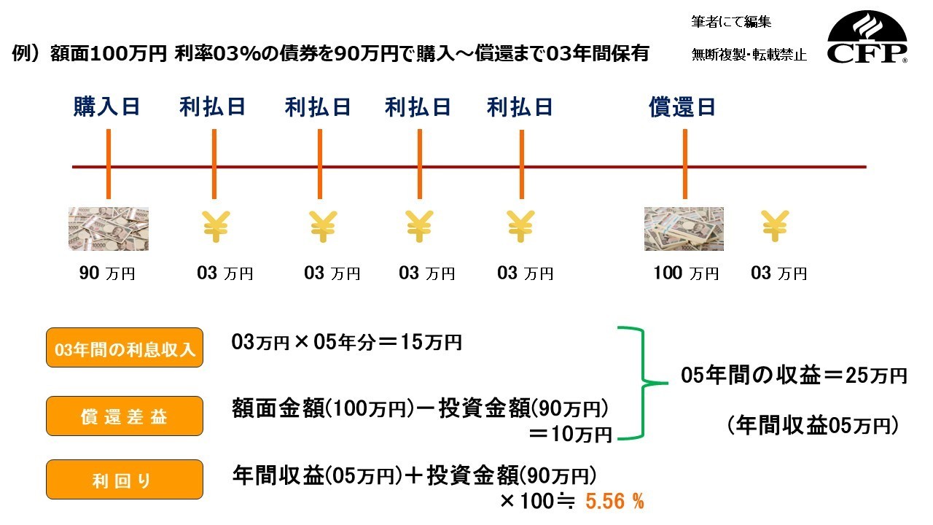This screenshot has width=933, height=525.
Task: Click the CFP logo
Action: (867, 37)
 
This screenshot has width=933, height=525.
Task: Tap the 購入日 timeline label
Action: (106, 106)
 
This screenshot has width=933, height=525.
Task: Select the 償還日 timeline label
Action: (682, 106)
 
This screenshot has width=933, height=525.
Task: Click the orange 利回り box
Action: (125, 479)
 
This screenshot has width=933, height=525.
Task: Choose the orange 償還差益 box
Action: (125, 416)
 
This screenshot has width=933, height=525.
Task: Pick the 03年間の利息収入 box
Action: (125, 348)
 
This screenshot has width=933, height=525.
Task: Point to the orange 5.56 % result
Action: (614, 501)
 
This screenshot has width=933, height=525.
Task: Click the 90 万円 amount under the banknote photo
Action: (107, 273)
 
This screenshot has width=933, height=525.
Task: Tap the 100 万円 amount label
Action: (686, 273)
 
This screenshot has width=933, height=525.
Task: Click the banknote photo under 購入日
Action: (109, 229)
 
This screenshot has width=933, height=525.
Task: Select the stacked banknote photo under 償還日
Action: (684, 229)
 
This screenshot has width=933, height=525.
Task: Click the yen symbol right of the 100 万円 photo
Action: (775, 226)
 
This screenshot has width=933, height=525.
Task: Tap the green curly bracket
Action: (643, 383)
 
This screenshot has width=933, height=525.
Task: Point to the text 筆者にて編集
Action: (731, 22)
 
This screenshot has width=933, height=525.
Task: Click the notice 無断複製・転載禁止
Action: (749, 55)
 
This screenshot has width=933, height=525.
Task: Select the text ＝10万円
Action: (570, 434)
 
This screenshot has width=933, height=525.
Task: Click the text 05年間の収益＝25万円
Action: (794, 375)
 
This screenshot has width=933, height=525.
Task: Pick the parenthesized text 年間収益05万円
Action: (812, 426)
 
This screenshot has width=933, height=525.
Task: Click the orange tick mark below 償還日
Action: (684, 164)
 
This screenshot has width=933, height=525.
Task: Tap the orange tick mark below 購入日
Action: (109, 164)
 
